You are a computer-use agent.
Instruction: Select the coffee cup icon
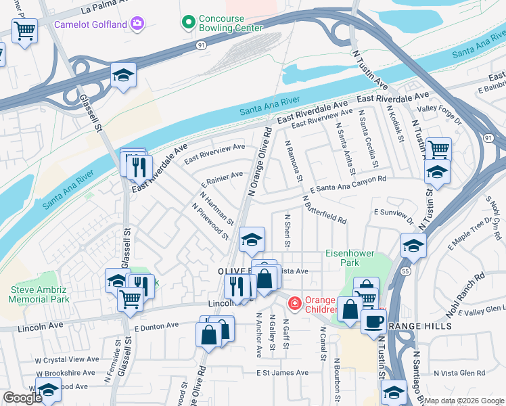click(x=373, y=322)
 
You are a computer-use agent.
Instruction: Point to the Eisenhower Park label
click(x=350, y=258)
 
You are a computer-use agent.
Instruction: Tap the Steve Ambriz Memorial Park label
click(x=40, y=294)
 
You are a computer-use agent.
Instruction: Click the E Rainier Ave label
click(x=223, y=179)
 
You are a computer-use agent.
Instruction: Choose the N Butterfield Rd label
click(x=324, y=210)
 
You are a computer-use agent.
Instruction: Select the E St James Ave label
click(x=282, y=373)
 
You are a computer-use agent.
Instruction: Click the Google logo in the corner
click(x=22, y=399)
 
